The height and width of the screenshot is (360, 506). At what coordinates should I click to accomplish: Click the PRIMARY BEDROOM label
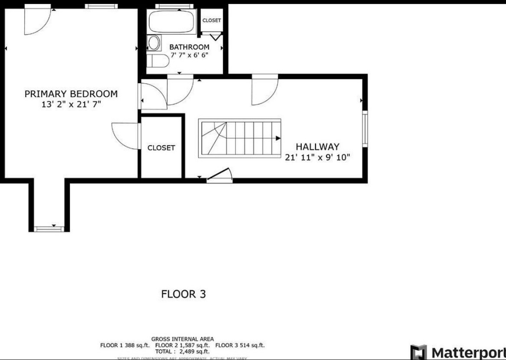pos(71,94)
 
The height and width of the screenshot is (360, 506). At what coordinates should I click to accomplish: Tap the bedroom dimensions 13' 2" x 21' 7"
pos(71,104)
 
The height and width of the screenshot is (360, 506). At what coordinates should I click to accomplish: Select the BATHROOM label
pos(189,47)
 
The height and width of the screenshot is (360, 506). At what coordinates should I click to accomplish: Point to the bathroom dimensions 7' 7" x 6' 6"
pos(189,55)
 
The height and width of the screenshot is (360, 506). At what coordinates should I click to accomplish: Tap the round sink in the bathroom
pos(153,43)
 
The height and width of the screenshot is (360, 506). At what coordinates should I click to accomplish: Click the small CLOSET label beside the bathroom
pos(212,20)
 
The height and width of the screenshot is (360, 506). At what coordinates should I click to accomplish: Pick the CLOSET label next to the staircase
pos(161,148)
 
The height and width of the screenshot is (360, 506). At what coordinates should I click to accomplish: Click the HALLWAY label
pos(317,147)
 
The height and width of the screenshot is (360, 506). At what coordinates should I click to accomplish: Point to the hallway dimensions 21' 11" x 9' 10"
pos(317,157)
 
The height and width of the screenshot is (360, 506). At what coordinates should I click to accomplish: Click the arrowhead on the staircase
pos(277,139)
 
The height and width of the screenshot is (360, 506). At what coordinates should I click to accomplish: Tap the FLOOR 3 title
pos(183,294)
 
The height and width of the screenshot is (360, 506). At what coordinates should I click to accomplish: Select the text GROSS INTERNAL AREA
pos(183,339)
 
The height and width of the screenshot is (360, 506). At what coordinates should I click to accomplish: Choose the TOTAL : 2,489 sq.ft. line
pos(183,351)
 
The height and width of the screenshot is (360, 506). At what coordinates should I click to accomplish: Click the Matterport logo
pos(458,351)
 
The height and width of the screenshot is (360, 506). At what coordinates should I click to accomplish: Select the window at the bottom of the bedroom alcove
pos(49,228)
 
